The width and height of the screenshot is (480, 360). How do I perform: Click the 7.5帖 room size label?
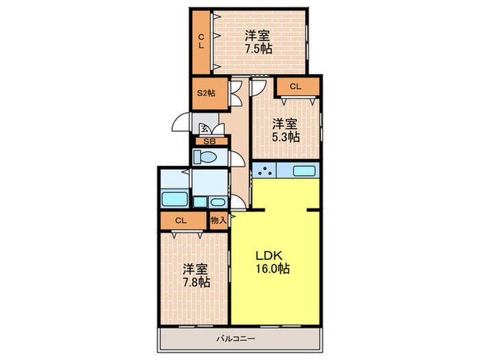[x=258, y=49]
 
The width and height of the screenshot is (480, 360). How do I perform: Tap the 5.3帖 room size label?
[x=286, y=137]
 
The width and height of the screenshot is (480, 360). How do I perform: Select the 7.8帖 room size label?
[x=196, y=282]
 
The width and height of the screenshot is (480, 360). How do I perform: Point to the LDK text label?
[x=269, y=255]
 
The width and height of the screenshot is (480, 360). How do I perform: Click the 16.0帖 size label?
[x=272, y=269]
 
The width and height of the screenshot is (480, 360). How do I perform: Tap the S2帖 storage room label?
[x=206, y=93]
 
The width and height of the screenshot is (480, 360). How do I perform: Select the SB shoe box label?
[x=209, y=142]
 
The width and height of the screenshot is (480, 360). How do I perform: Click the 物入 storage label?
[x=219, y=220]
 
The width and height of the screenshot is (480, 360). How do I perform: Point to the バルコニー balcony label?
[x=236, y=339]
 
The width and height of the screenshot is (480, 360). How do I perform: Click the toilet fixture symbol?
[x=205, y=157]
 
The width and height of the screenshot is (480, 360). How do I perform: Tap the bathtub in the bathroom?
[x=174, y=199]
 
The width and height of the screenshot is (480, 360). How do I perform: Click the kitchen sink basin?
[x=304, y=171]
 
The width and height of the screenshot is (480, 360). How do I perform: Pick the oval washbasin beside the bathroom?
[x=217, y=202]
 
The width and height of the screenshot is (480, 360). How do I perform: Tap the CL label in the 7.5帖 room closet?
[x=201, y=42]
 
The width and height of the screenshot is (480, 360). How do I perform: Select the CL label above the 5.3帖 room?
[x=296, y=86]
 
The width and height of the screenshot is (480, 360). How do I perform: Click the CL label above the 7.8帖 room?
[x=181, y=220]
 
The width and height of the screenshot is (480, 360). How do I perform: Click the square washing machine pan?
[x=200, y=202]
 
